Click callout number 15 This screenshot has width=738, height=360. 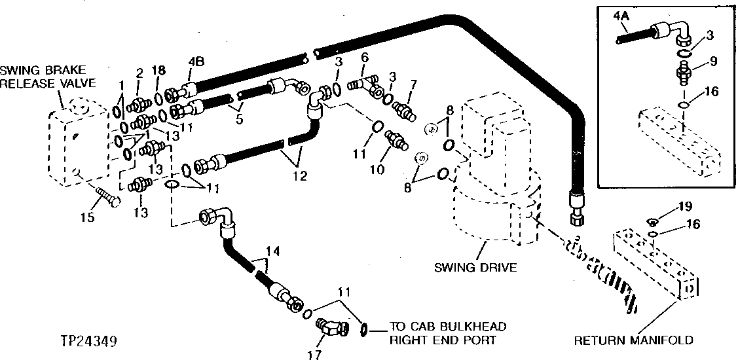click(87, 216)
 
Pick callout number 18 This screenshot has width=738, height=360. click(158, 69)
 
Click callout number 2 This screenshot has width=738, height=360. click(139, 73)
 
